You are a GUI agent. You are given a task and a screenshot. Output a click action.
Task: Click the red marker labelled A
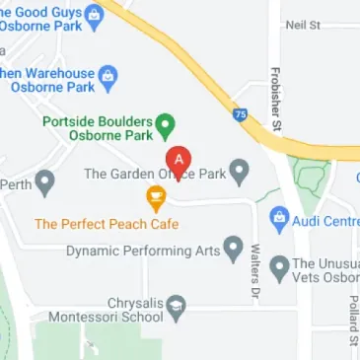(x=178, y=159)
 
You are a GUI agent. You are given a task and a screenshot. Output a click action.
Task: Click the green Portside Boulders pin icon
(x=167, y=125)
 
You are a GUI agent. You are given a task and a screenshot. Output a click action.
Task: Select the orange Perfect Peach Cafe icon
(x=155, y=198)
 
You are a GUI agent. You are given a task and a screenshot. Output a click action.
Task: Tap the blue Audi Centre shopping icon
(x=279, y=216)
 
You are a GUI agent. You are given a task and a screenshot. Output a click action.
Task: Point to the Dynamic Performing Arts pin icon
(x=234, y=247)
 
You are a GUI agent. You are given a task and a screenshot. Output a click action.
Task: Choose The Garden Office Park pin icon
(x=238, y=172)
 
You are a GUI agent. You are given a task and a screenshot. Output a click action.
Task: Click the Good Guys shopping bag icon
(x=95, y=14)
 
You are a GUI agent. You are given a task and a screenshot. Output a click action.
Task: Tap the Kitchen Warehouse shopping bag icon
(x=109, y=75)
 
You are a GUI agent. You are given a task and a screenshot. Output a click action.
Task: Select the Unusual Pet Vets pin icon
(x=279, y=265)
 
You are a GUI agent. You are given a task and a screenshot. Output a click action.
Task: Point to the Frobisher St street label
(x=276, y=99)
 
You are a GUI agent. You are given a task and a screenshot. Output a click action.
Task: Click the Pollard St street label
(x=351, y=325)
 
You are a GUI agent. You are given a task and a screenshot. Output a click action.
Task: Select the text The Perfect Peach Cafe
(x=108, y=224)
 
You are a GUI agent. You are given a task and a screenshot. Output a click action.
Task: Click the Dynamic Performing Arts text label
(x=143, y=251)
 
